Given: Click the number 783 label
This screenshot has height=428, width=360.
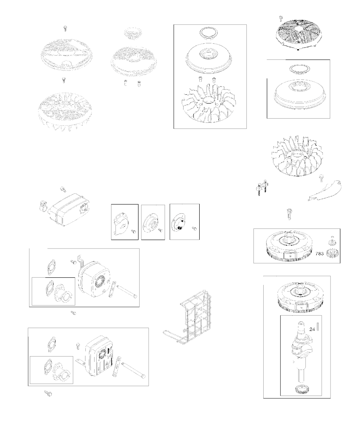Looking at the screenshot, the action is [x=320, y=253].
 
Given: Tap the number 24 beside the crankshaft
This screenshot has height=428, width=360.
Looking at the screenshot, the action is [x=312, y=329].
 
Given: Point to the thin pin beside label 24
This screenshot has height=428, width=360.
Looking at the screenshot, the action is [x=318, y=327].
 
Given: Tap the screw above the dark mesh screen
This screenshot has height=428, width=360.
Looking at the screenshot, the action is [x=281, y=18].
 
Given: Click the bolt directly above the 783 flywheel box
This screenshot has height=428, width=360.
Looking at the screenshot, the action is [x=289, y=214].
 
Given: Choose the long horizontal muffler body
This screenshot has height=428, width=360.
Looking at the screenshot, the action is [x=69, y=209].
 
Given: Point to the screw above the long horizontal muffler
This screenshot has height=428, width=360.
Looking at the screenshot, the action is [x=63, y=189].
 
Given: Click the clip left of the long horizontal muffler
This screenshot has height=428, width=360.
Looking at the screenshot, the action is [x=43, y=206].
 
